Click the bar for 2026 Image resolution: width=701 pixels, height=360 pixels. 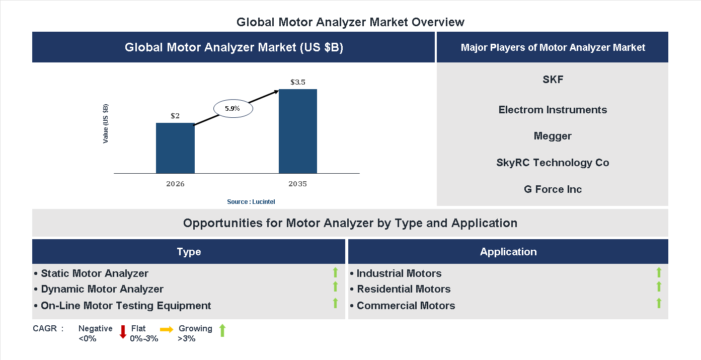pyautogui.click(x=175, y=148)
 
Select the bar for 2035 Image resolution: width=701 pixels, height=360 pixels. pyautogui.click(x=298, y=131)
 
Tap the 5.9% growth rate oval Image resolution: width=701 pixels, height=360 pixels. pyautogui.click(x=232, y=108)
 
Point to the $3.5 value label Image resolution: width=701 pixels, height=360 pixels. pyautogui.click(x=298, y=82)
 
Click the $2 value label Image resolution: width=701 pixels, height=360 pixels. pyautogui.click(x=175, y=116)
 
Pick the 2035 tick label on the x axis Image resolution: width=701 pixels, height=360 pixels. pyautogui.click(x=298, y=184)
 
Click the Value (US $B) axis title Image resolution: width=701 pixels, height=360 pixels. pyautogui.click(x=106, y=123)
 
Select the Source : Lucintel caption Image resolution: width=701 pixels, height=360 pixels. pyautogui.click(x=251, y=202)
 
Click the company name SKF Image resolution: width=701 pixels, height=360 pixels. pyautogui.click(x=553, y=80)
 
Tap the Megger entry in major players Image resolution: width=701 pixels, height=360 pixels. pyautogui.click(x=553, y=136)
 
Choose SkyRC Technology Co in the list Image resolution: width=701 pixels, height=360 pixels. pyautogui.click(x=553, y=163)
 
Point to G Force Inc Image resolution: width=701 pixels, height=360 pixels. pyautogui.click(x=553, y=189)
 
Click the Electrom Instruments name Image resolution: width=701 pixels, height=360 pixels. pyautogui.click(x=553, y=110)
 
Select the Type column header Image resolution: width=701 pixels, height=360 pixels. pyautogui.click(x=189, y=252)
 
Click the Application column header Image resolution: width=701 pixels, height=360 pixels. pyautogui.click(x=508, y=252)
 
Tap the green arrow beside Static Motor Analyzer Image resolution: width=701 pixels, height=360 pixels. pyautogui.click(x=335, y=273)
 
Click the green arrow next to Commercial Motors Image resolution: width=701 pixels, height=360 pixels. pyautogui.click(x=659, y=303)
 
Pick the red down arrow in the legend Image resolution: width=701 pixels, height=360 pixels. pyautogui.click(x=123, y=332)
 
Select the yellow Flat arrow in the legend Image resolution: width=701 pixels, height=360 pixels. pyautogui.click(x=167, y=329)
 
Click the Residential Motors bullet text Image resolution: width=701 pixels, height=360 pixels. pyautogui.click(x=404, y=289)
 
